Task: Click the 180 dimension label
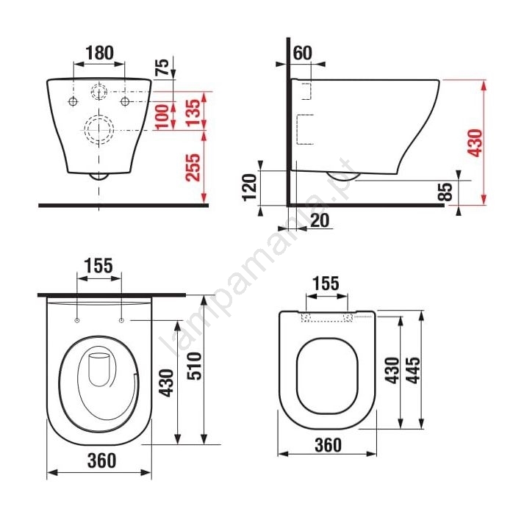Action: coord(100,53)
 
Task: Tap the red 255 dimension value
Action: coord(193,167)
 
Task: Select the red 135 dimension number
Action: coord(193,112)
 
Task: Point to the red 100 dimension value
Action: coord(162,117)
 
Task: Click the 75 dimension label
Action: coord(162,67)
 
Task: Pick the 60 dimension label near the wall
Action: coord(303,53)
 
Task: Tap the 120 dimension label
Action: coord(249,187)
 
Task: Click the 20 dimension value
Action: coord(320,220)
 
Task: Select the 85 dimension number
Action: coord(445,192)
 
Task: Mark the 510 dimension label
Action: coord(194,366)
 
